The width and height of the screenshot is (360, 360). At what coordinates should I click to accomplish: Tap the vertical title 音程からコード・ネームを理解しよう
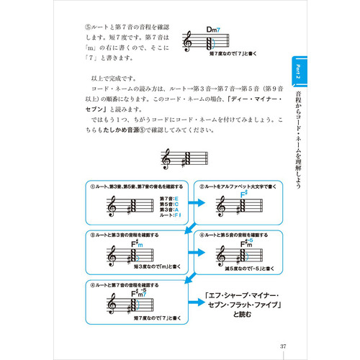(299, 140)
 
